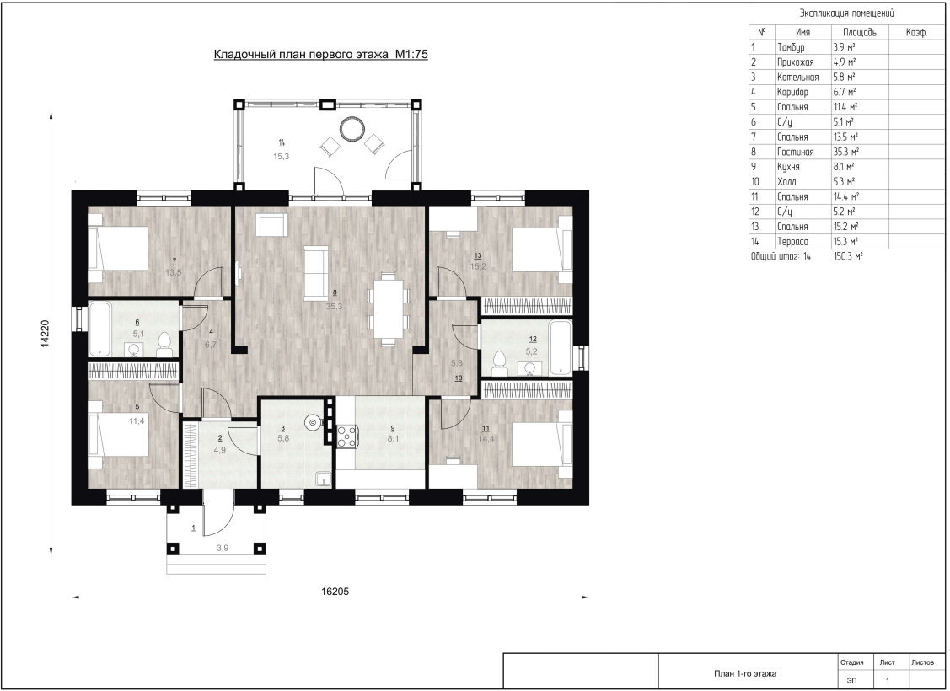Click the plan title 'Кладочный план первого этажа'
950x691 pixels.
coord(302,55)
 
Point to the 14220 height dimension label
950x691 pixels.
coord(44,334)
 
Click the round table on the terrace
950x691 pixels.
coord(352,128)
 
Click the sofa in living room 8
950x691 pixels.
coord(315,272)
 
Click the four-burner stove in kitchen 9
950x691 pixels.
coord(346,437)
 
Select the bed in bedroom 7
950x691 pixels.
coord(118,249)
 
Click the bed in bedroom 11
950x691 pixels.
coord(542,443)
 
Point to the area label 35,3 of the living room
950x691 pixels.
coord(334,307)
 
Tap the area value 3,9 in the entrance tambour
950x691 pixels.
coord(223,548)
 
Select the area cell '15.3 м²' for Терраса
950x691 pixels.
coord(845,242)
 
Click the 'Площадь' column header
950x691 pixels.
coord(859,32)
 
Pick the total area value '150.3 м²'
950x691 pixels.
coord(848,256)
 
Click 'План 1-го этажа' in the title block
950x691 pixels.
coord(744,673)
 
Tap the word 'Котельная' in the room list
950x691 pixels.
coord(797,77)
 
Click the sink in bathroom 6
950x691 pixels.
coord(133,349)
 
